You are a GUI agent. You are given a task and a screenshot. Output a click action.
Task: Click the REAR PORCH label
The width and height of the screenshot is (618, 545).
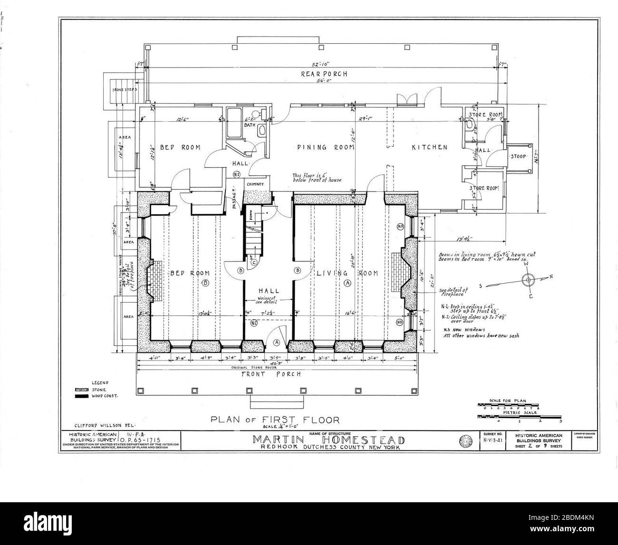tap(324, 74)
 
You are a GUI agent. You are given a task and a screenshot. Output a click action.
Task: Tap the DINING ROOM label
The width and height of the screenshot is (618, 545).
tap(326, 147)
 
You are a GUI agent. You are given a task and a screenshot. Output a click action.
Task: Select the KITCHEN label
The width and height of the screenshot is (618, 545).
tap(429, 147)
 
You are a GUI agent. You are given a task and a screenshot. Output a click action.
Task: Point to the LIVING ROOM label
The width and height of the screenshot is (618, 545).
tap(347, 273)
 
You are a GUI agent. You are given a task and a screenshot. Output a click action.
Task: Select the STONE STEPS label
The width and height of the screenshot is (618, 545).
tap(125, 89)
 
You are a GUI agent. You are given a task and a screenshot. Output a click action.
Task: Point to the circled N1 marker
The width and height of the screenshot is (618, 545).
tap(236, 174)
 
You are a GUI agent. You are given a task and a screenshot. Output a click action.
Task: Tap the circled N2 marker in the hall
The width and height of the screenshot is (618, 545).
tap(254, 323)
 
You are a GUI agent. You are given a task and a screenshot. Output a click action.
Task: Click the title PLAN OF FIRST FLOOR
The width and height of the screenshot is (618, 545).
tap(275, 420)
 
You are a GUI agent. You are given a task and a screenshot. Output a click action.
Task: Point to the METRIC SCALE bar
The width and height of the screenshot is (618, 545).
tap(519, 416)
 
